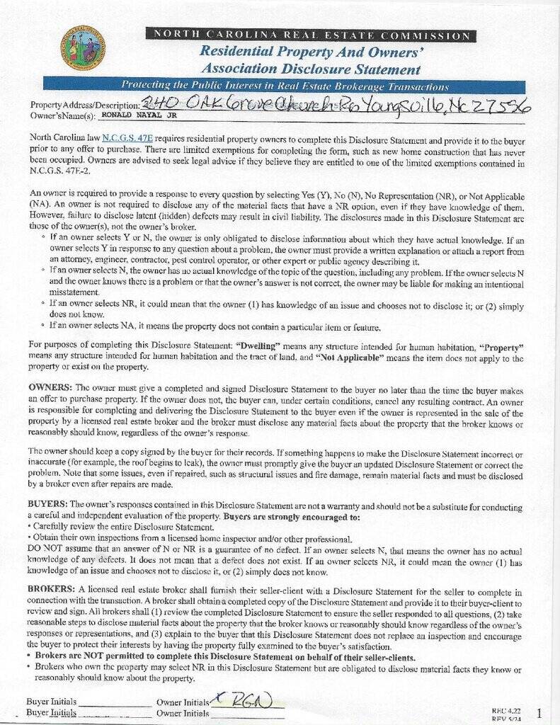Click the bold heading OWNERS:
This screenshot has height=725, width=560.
(x=50, y=387)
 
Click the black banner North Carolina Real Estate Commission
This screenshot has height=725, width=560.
(x=309, y=35)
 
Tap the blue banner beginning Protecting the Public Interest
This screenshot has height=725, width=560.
(x=285, y=86)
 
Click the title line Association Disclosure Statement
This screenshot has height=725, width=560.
(x=310, y=69)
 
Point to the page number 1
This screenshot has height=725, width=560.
(x=539, y=712)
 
